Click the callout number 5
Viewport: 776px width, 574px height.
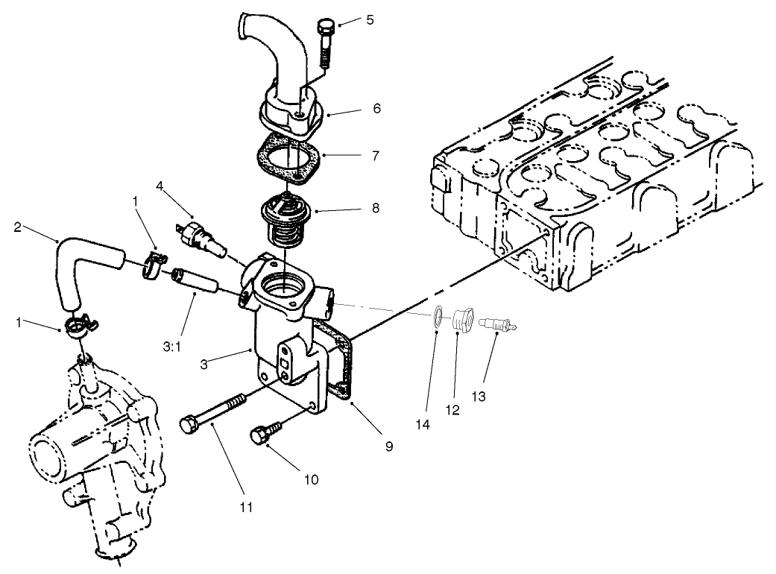pyautogui.click(x=370, y=20)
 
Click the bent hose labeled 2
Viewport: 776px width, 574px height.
pyautogui.click(x=82, y=257)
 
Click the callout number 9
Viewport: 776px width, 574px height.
pyautogui.click(x=388, y=447)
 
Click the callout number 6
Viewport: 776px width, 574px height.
pyautogui.click(x=376, y=108)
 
